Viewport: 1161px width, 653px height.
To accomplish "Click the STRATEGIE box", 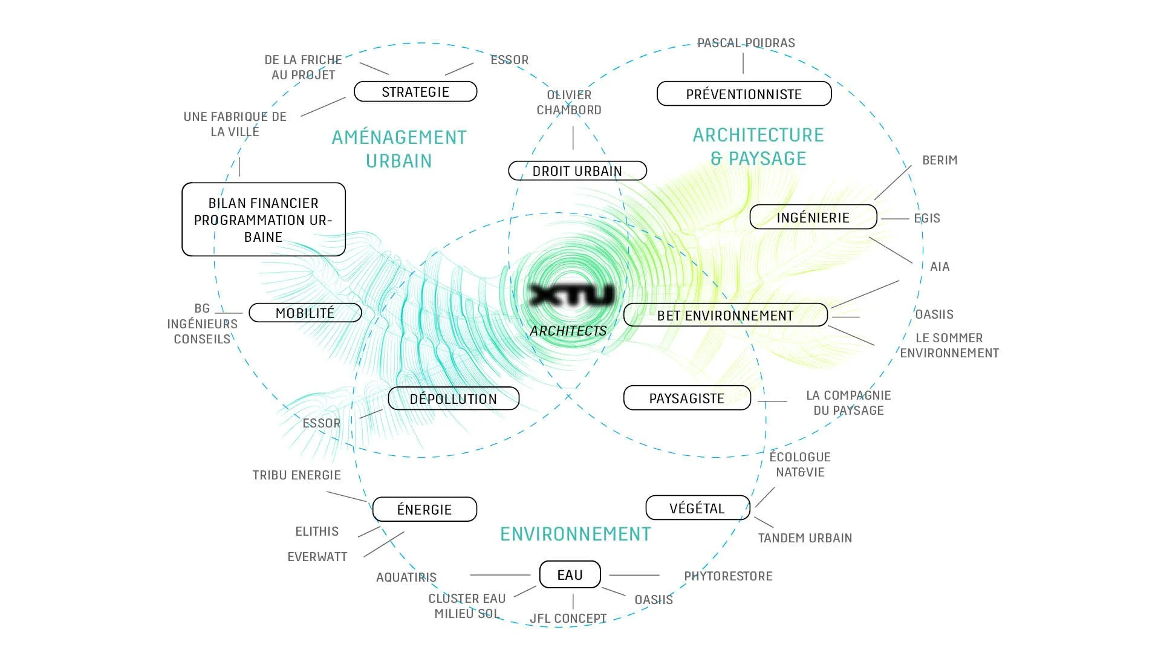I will pos(415,92).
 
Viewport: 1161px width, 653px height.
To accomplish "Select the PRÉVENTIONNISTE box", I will pos(744,94).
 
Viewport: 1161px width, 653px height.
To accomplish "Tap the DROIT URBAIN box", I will pos(577,171).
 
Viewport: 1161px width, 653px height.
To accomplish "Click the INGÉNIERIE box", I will pos(813,218).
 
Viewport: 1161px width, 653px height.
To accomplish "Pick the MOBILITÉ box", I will pos(305,313).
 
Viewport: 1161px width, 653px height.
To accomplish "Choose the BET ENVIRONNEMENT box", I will pos(725,315).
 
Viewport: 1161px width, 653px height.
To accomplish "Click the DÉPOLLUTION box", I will pos(453,398).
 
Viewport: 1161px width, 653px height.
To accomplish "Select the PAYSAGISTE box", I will pos(686,398).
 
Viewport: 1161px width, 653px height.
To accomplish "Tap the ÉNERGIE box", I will pos(424,509).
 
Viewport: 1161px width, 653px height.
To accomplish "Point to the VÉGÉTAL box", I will pos(697,508).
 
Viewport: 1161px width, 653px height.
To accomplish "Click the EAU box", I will pos(570,574).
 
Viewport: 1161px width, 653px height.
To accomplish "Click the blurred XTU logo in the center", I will pos(571,295).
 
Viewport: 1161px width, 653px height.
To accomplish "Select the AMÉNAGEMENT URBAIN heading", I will pos(399,149).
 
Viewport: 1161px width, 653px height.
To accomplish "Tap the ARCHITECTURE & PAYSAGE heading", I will pos(758,146).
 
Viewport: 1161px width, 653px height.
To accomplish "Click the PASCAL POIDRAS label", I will pos(746,43).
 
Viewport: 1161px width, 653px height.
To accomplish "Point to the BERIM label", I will pos(940,160).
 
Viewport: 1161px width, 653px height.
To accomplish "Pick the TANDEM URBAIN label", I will pos(805,538).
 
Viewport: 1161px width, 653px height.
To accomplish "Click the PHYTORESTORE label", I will pos(728,576).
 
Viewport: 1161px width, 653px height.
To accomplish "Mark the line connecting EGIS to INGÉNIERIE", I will pos(894,219).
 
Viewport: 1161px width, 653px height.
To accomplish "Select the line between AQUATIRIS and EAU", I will pos(499,575).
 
